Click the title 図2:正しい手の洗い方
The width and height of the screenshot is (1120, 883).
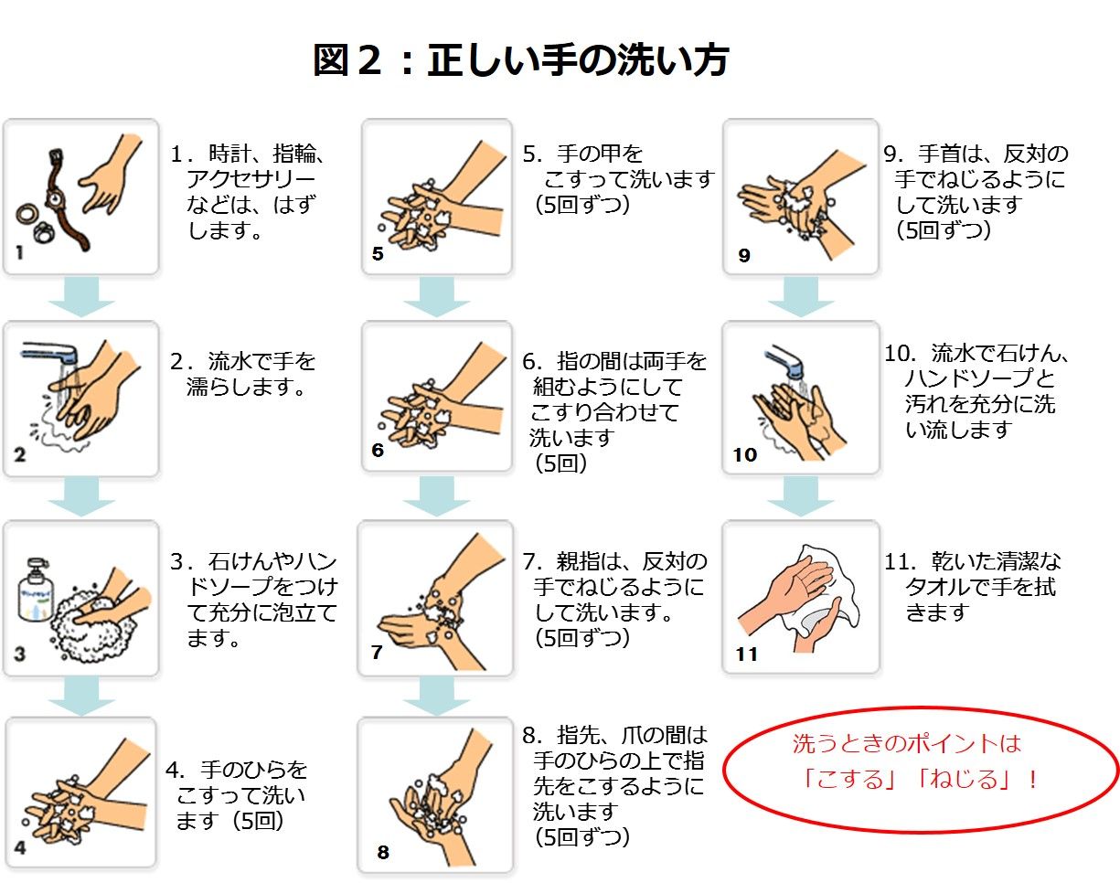[520, 61]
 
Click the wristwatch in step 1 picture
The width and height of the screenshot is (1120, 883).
[61, 201]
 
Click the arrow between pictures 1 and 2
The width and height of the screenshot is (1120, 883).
[81, 296]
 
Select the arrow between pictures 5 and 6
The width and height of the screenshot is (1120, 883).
[437, 296]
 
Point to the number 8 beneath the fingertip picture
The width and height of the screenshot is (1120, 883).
[382, 853]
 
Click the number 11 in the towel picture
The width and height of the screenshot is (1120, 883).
[747, 654]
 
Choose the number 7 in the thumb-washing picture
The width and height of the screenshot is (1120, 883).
[377, 653]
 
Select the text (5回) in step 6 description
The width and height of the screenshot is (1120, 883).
[560, 463]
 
